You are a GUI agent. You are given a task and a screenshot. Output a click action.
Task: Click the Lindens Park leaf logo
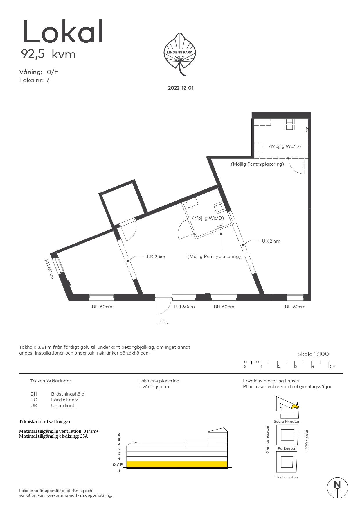pos(180,54)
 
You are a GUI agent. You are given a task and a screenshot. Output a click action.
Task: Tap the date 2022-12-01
pos(181,88)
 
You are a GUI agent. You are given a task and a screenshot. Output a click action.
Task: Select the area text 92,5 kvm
pos(48,54)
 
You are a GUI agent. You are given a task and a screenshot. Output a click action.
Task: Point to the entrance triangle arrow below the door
pos(162,322)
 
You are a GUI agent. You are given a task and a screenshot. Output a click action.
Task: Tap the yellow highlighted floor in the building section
pos(177,464)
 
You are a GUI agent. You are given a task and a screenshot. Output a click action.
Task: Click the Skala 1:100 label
pos(313,354)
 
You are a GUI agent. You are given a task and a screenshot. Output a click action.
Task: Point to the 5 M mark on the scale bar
pos(332,366)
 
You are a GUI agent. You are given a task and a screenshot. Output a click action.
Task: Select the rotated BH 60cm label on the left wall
pos(49,269)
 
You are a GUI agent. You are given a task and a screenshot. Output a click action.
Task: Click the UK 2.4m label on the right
pos(271,241)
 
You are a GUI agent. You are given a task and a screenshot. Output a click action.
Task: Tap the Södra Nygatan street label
pos(287,421)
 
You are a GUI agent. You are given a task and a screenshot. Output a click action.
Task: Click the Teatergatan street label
pos(287,477)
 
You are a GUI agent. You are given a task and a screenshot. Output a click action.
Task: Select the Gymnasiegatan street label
pos(267,440)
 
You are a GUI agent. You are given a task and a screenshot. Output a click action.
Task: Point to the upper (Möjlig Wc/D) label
pos(285,146)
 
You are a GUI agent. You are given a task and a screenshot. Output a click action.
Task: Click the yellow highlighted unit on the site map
pos(295,406)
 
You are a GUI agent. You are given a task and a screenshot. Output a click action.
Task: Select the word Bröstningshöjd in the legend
pos(68,394)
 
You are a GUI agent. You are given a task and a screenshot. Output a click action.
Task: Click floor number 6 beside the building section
pos(119,434)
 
